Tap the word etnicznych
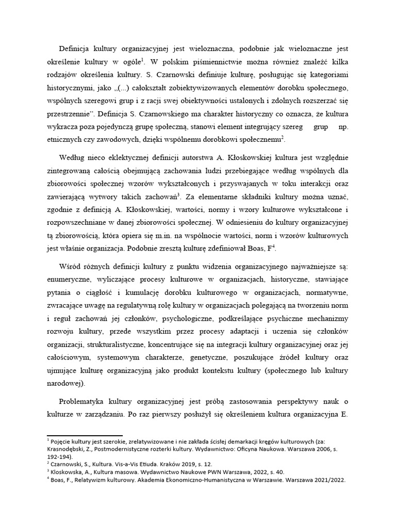(x=65, y=139)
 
